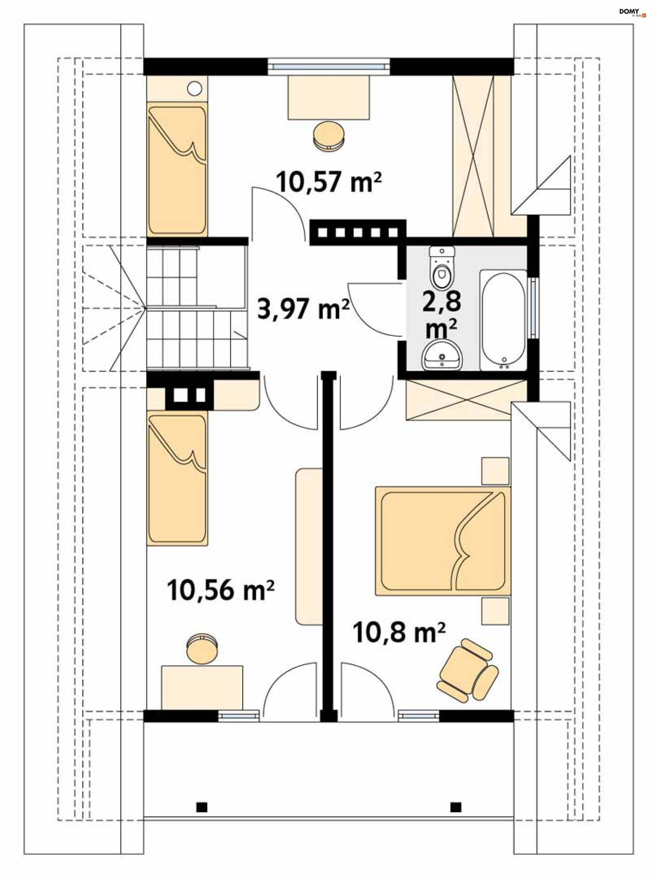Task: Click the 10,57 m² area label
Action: pyautogui.click(x=329, y=182)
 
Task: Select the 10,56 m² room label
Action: pyautogui.click(x=221, y=590)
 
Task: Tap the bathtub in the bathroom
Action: pyautogui.click(x=503, y=320)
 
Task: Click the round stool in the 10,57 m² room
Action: pyautogui.click(x=329, y=135)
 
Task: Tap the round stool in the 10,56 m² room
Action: pyautogui.click(x=202, y=648)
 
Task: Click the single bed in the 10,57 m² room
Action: pyautogui.click(x=177, y=169)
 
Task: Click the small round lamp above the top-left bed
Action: pyautogui.click(x=194, y=88)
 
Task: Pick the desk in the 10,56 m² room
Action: pyautogui.click(x=202, y=687)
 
